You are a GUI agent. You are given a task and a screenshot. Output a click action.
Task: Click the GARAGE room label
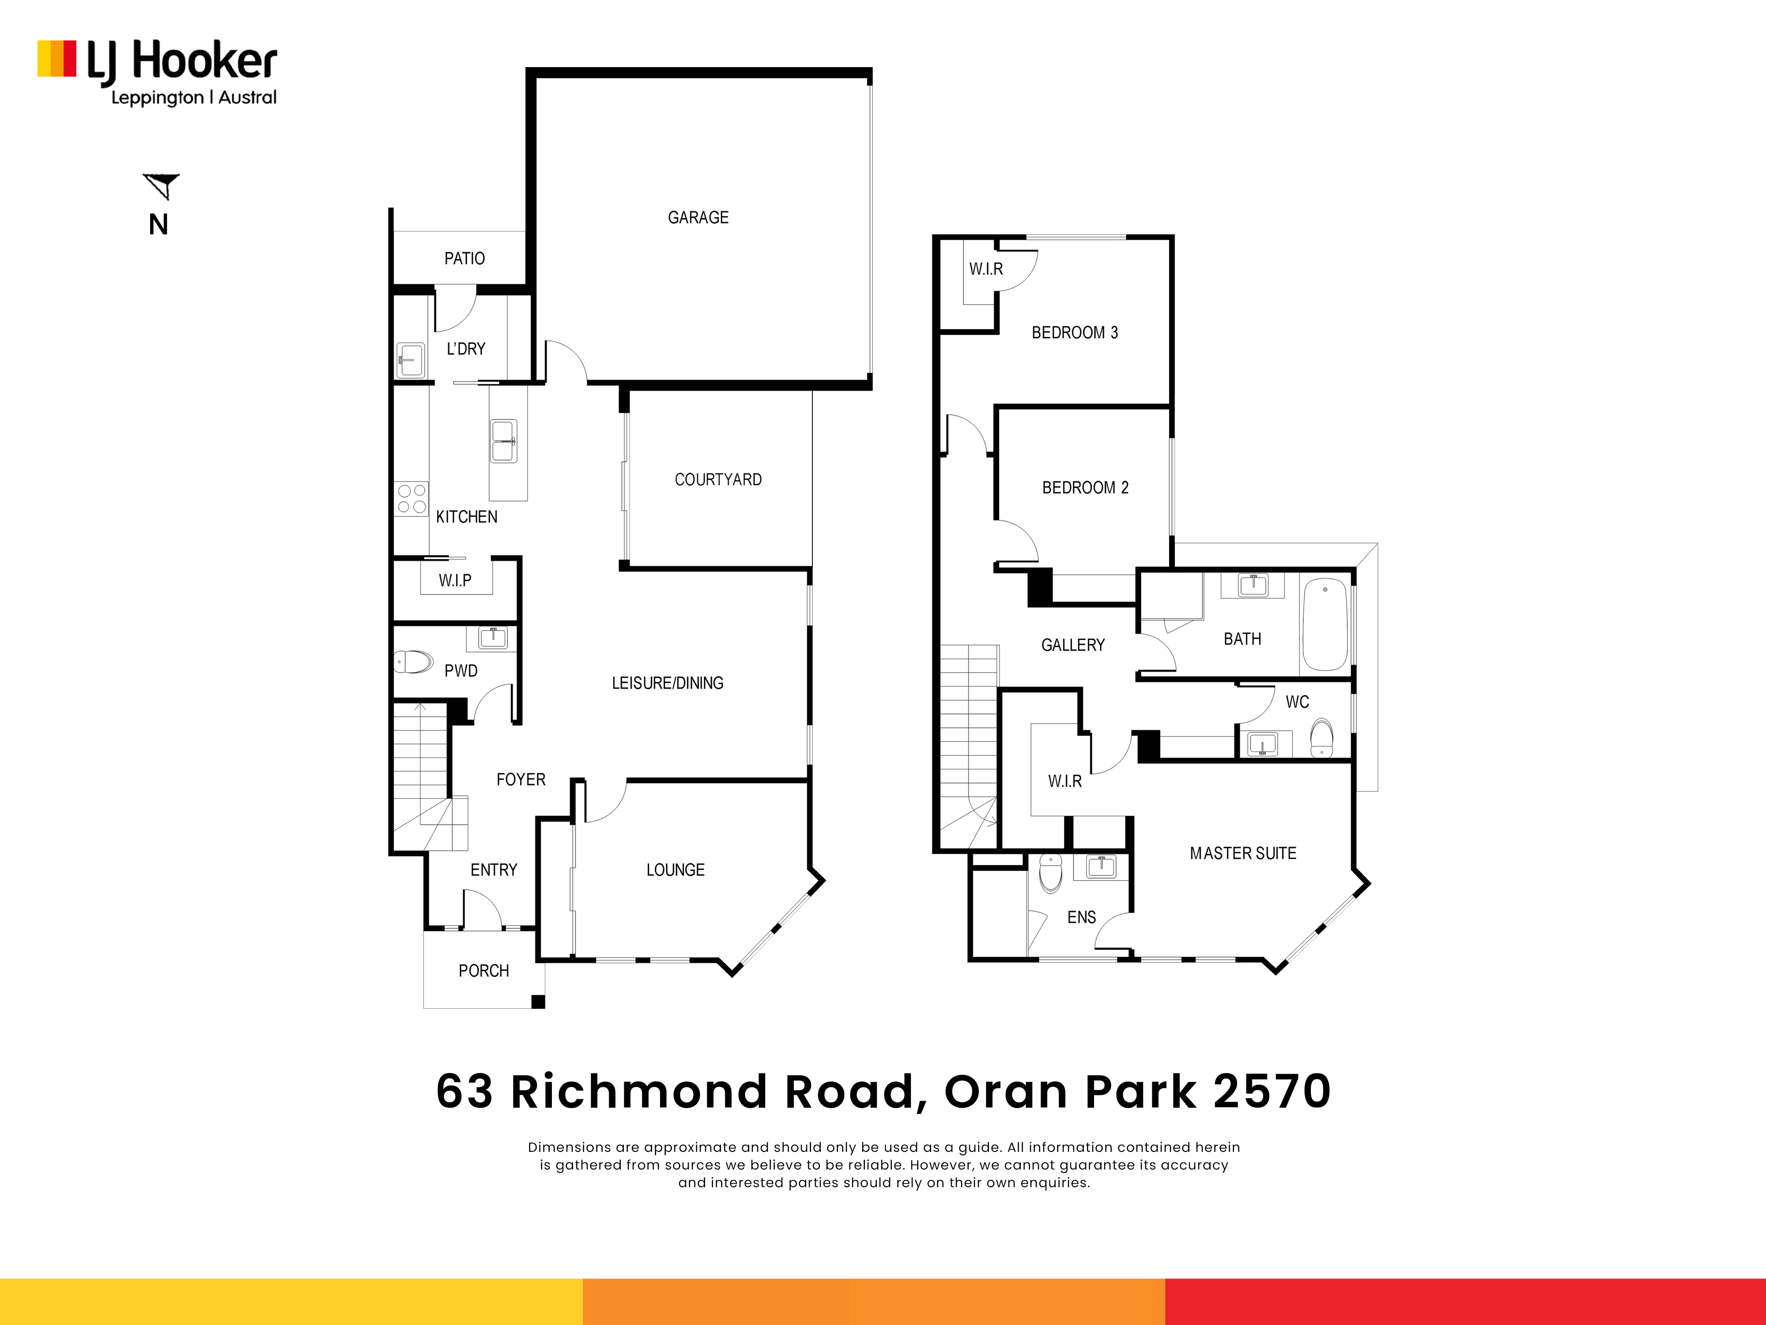[698, 217]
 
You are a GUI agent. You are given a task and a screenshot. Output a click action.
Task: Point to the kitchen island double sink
[503, 441]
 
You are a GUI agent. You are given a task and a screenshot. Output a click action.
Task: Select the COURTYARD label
[718, 479]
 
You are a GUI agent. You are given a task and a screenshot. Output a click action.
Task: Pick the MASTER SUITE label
[1243, 853]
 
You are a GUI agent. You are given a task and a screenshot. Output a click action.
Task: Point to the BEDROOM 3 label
[1075, 332]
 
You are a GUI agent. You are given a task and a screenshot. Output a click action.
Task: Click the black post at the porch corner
[538, 1002]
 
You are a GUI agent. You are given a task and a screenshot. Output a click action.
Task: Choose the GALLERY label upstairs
[1073, 644]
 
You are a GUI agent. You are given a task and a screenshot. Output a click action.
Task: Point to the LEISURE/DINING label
[668, 683]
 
